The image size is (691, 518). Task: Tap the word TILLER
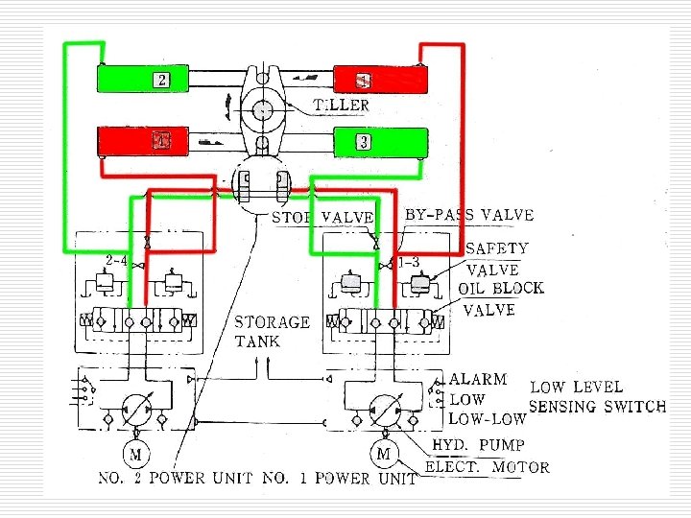coord(341,105)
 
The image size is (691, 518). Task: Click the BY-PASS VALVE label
coord(469,215)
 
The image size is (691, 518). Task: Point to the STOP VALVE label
coord(322,218)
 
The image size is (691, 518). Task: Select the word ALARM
coord(478,381)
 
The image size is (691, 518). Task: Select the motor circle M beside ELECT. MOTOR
coord(384,454)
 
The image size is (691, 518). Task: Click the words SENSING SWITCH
coord(598,406)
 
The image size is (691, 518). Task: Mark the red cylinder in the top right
coord(379,79)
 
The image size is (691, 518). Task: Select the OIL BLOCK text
coord(500,288)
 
